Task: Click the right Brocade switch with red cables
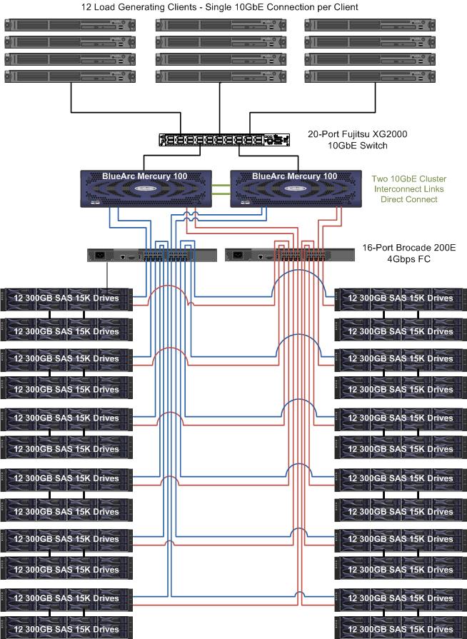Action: [290, 254]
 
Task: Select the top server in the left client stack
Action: [70, 25]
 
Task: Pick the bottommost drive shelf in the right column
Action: [401, 629]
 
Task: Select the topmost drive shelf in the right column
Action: [401, 298]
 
